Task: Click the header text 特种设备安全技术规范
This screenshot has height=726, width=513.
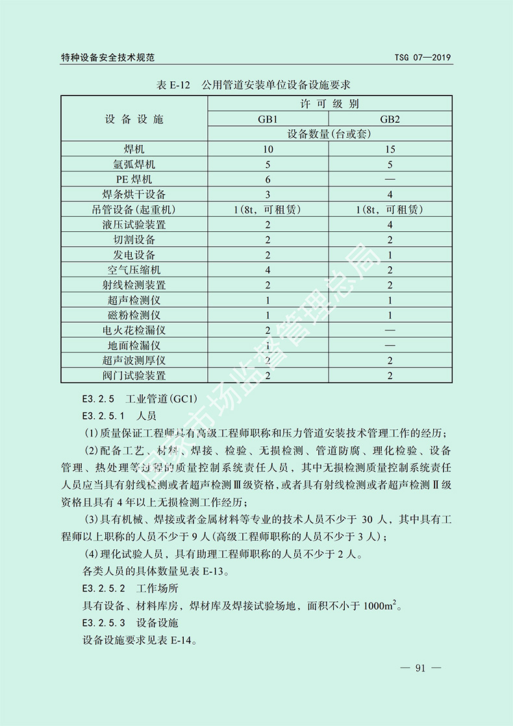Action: point(108,58)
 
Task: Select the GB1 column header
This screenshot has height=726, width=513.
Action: point(268,119)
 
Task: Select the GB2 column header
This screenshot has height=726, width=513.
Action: point(390,119)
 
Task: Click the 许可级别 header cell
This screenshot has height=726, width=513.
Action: point(329,104)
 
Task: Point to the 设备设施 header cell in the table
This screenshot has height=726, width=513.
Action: point(134,119)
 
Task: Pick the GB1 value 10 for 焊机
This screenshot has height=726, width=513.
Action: point(268,149)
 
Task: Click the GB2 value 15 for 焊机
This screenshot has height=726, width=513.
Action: point(390,149)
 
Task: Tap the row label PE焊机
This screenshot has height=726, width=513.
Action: point(134,179)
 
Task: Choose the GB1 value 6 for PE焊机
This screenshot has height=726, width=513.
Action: point(268,179)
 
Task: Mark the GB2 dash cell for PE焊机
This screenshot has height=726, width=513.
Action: point(390,179)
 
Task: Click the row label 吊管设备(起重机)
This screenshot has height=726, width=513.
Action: point(134,210)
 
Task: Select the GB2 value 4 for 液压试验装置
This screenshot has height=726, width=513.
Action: point(390,225)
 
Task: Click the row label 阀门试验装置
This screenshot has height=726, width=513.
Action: point(134,375)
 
